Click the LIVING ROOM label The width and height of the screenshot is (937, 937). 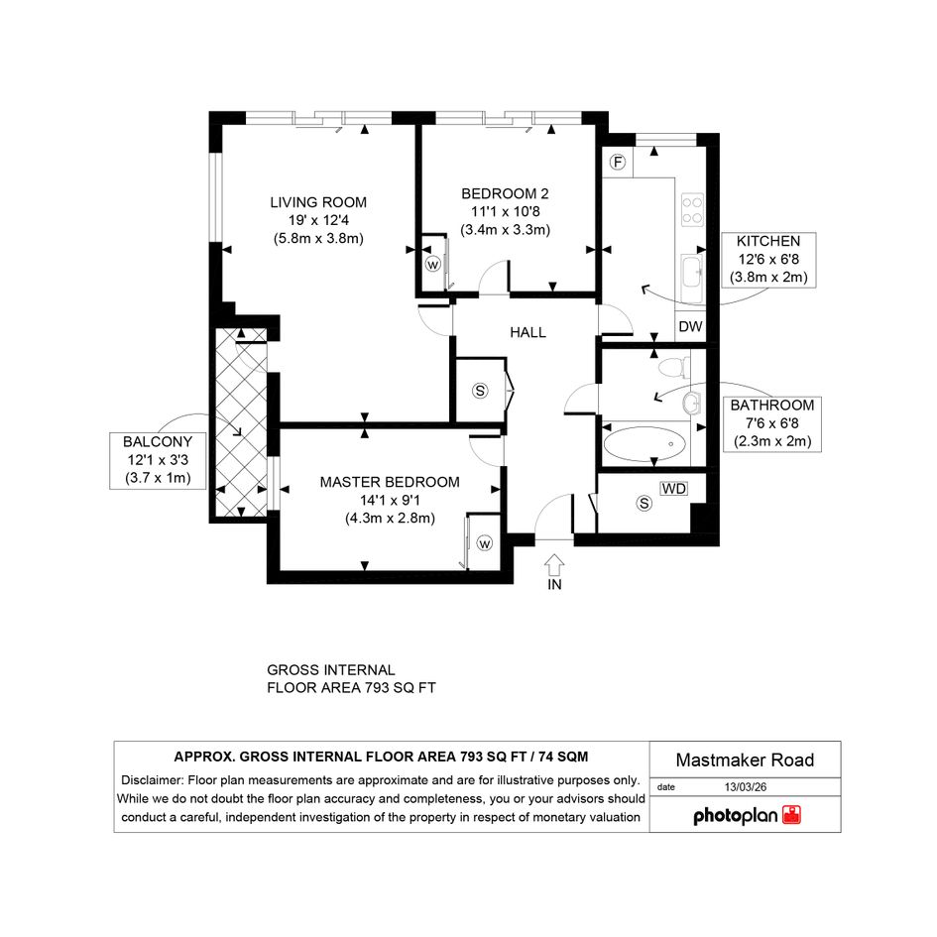coord(318,202)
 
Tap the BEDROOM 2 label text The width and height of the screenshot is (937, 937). coord(505,193)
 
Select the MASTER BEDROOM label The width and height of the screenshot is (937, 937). coord(390,482)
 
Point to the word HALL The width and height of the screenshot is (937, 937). coord(527,332)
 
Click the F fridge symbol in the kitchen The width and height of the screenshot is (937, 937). coord(618,162)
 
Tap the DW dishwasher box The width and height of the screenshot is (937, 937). coord(690,326)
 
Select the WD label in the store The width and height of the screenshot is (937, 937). coord(674,488)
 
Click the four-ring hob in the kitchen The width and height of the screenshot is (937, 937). coord(693,210)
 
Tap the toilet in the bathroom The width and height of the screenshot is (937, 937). coord(674,367)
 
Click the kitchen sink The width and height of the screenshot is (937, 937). coord(693,279)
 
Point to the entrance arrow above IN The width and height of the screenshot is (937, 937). coord(554,565)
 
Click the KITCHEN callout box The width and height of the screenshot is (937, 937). coord(768,260)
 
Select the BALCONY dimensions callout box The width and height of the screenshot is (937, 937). coord(159,460)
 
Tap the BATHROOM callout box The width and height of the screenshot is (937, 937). coord(772,423)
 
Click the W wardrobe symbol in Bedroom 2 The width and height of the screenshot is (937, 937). coord(432,264)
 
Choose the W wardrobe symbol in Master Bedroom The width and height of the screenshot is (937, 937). coord(485,543)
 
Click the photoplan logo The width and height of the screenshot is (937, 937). coord(747,815)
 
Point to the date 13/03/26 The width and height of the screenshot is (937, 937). coord(746,787)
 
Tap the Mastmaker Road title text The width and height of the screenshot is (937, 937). coord(745,761)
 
